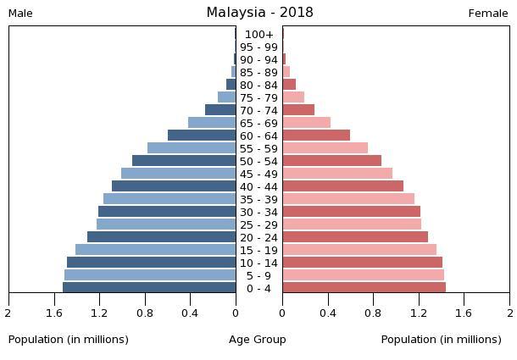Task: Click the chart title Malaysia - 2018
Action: click(259, 13)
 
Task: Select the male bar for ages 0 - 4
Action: click(149, 288)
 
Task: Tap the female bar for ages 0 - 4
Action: click(364, 288)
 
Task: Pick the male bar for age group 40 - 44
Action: click(174, 186)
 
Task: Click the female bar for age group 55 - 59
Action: click(325, 148)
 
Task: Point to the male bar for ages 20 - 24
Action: click(161, 237)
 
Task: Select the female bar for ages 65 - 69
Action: click(306, 123)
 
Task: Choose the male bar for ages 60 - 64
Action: click(202, 136)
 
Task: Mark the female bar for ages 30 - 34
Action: click(351, 212)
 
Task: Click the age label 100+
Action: click(258, 35)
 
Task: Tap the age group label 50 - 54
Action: click(258, 162)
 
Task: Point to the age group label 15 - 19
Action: click(258, 251)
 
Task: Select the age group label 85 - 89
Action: click(258, 73)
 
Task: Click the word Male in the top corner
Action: click(20, 14)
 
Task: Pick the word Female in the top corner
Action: click(488, 14)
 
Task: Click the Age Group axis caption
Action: click(258, 340)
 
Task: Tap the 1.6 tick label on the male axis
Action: click(55, 313)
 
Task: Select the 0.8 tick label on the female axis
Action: click(373, 313)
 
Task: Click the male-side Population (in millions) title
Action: click(69, 340)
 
